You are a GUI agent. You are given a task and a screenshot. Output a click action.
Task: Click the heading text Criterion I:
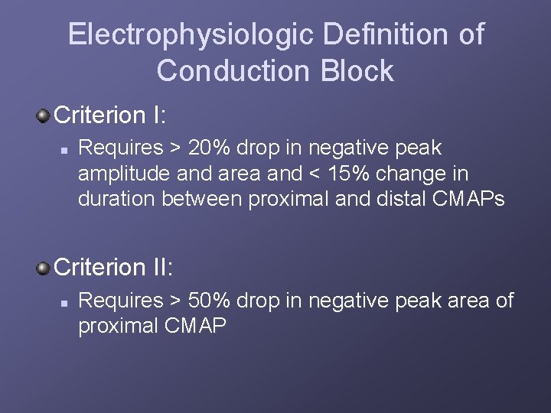tap(111, 115)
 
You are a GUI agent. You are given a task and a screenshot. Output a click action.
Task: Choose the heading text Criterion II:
tap(115, 268)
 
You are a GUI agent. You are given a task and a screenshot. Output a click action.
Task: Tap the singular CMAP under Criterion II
tap(195, 327)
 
